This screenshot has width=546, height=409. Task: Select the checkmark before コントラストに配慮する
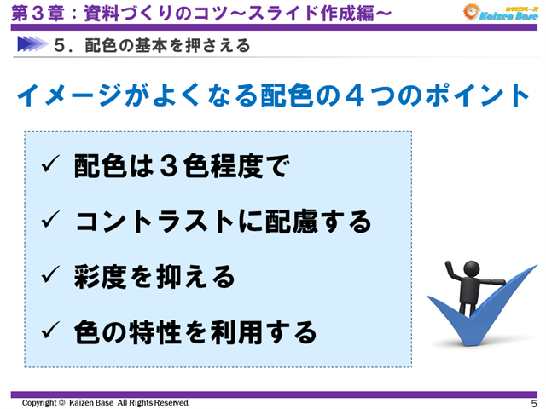click(x=49, y=222)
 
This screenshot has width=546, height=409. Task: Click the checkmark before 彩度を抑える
click(x=49, y=276)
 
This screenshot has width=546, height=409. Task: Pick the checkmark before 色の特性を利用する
click(x=49, y=331)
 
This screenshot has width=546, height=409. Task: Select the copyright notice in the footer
click(x=106, y=402)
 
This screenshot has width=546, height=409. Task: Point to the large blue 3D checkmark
click(x=478, y=320)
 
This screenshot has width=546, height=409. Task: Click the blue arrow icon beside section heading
click(x=31, y=44)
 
